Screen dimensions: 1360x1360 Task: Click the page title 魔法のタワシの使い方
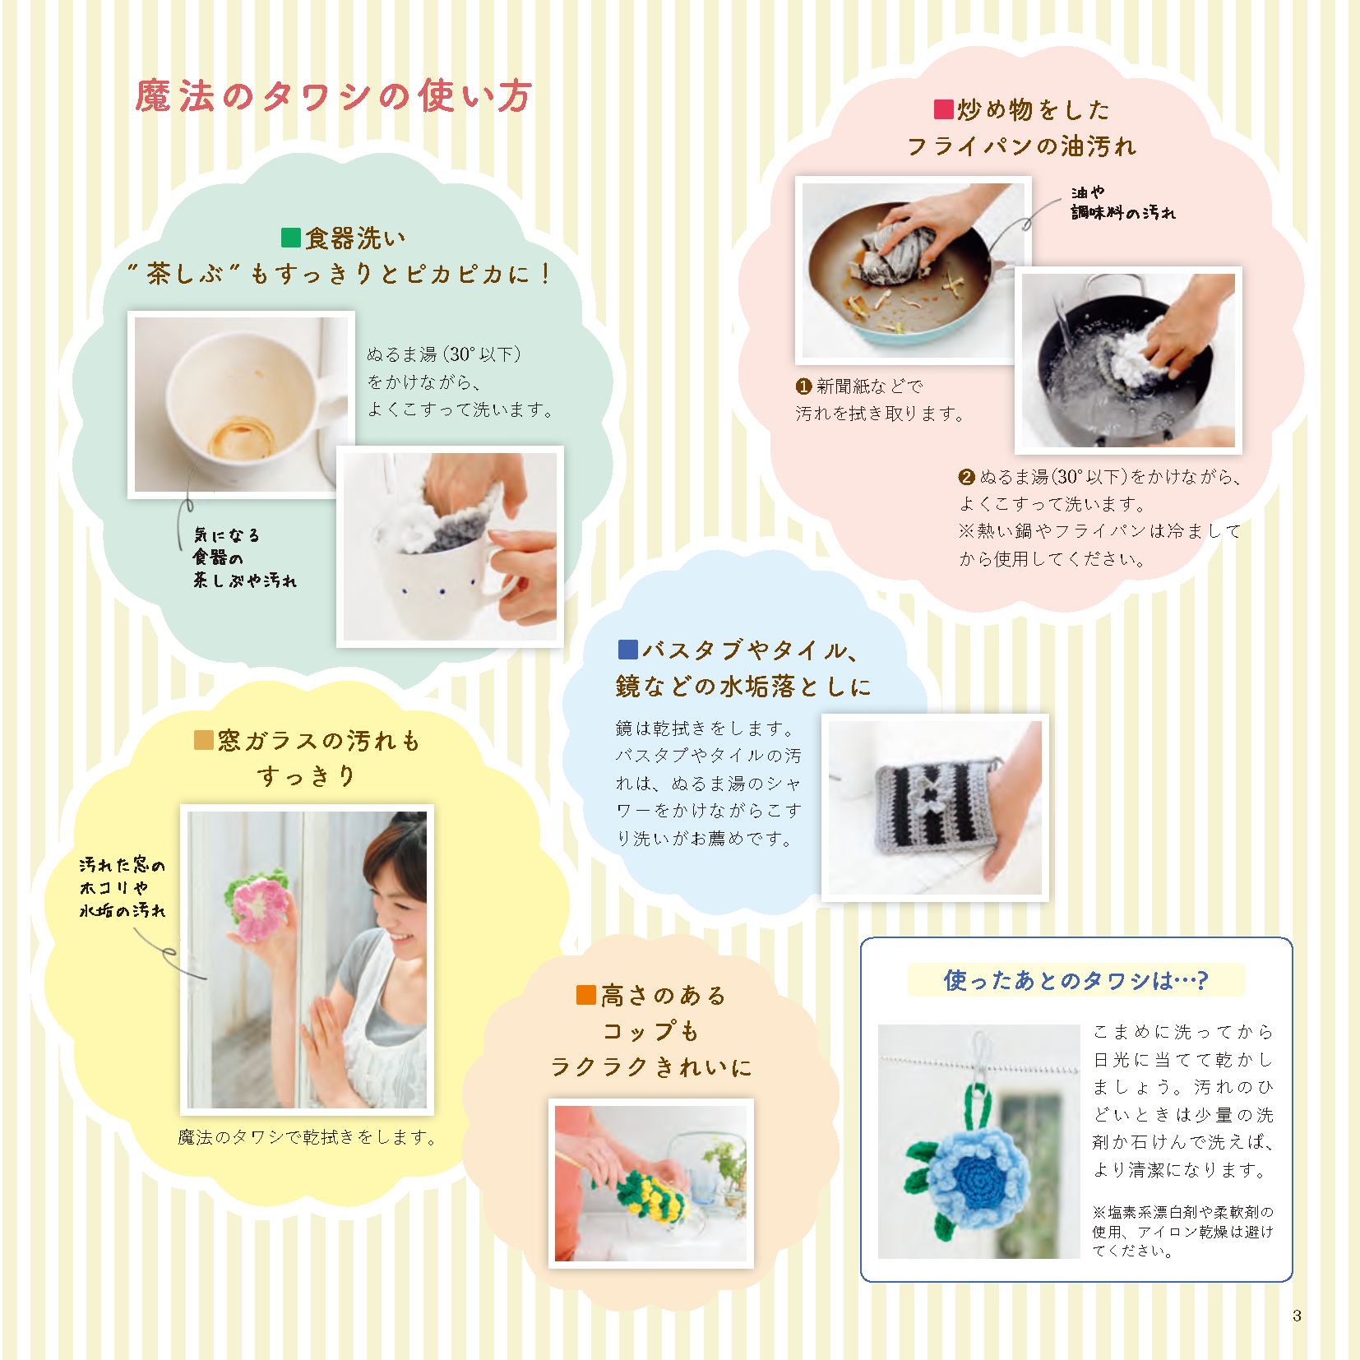(334, 95)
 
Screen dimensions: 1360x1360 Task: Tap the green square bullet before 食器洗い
(291, 238)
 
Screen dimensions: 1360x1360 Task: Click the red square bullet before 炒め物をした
(943, 109)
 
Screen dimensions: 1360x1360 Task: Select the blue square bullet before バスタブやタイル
(627, 650)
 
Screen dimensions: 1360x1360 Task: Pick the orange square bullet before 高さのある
(585, 995)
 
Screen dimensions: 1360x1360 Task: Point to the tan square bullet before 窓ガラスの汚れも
(203, 740)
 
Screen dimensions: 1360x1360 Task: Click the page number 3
(1297, 1315)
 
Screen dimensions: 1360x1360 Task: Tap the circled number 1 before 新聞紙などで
(803, 386)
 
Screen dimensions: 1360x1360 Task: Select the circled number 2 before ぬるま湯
(967, 477)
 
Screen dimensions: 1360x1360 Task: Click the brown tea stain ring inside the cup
(240, 437)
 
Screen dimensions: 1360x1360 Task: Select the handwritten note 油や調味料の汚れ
(1123, 202)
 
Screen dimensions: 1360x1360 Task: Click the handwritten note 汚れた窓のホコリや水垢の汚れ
(123, 888)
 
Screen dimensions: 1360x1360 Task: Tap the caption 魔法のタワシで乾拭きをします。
(308, 1137)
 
